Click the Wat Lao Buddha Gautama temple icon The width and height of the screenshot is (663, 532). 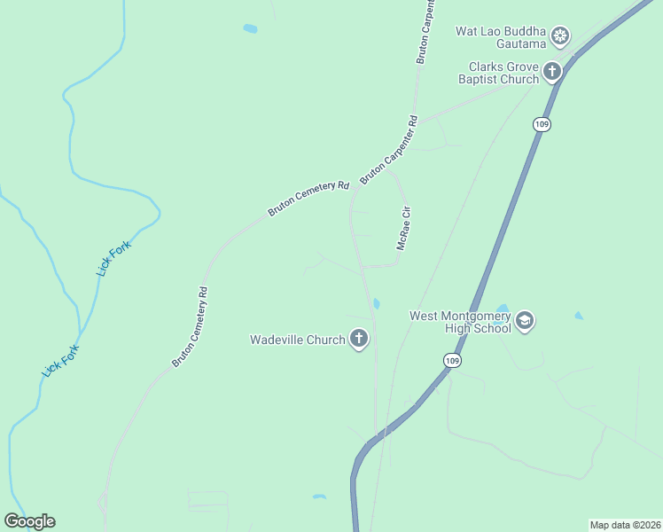pyautogui.click(x=559, y=35)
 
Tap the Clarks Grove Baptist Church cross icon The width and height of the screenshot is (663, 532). pyautogui.click(x=552, y=71)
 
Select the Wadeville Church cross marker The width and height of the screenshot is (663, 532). pyautogui.click(x=359, y=339)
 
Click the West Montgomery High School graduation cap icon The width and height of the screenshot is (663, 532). pyautogui.click(x=525, y=321)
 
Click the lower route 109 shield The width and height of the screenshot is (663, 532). pyautogui.click(x=452, y=360)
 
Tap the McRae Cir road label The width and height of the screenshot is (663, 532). pyautogui.click(x=404, y=229)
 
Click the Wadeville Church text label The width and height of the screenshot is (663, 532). pyautogui.click(x=297, y=340)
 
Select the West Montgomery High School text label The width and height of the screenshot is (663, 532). pyautogui.click(x=460, y=322)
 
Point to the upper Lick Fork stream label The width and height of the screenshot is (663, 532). pyautogui.click(x=114, y=257)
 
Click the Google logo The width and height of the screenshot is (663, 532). pyautogui.click(x=29, y=521)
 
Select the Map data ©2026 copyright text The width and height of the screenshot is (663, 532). pyautogui.click(x=625, y=525)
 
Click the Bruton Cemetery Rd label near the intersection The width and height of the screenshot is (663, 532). pyautogui.click(x=309, y=199)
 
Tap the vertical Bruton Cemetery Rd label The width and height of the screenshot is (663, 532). pyautogui.click(x=190, y=326)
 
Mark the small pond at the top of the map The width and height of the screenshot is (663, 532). pyautogui.click(x=250, y=28)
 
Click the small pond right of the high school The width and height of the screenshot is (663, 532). pyautogui.click(x=579, y=315)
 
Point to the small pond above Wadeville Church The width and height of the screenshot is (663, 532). pyautogui.click(x=376, y=304)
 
